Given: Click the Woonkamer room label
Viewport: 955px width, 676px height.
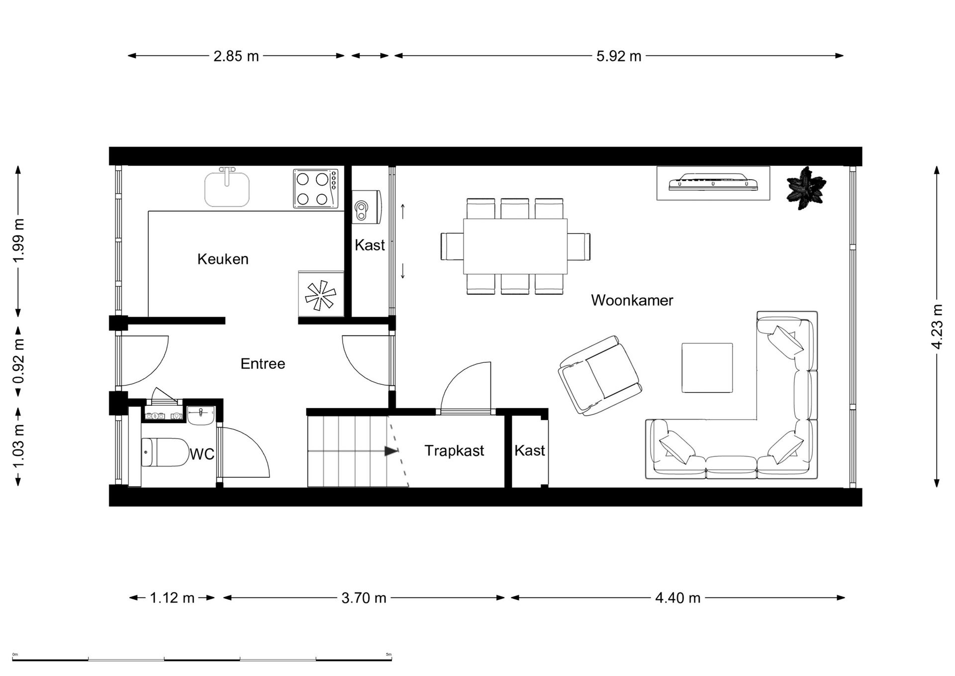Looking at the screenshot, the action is (632, 300).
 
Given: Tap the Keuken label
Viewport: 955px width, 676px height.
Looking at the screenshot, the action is (223, 259).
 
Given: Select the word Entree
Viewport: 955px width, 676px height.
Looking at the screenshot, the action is (263, 363).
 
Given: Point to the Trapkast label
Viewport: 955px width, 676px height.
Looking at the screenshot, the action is (454, 451).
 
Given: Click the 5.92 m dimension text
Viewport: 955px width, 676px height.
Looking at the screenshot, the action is (619, 56).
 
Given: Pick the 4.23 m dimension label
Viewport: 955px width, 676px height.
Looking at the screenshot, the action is (937, 326).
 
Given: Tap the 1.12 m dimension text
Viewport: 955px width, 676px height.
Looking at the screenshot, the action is (172, 597).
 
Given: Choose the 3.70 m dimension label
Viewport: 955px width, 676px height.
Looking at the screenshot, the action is (364, 597).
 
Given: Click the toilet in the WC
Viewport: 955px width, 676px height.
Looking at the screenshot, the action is (163, 452).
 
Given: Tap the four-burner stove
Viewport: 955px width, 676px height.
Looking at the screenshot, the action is (315, 189).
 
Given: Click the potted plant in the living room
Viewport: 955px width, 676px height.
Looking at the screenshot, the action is (806, 189).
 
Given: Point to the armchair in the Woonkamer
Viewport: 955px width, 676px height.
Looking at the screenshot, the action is (599, 375).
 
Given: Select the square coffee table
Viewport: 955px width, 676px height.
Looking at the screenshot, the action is (707, 367).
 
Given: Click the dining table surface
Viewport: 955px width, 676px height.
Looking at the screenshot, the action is (515, 246).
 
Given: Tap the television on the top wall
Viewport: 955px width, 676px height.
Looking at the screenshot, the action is (713, 182).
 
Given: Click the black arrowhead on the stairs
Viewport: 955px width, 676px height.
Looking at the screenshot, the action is (391, 451).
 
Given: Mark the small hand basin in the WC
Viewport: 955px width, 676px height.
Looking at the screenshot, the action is (201, 415).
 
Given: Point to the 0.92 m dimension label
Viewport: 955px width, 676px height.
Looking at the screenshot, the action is (18, 361).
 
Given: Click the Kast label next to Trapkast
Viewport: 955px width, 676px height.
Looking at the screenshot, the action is (530, 451).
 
